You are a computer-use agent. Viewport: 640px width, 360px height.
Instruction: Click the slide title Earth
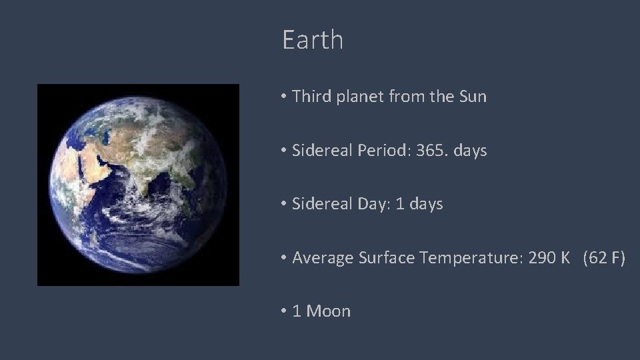point(313,40)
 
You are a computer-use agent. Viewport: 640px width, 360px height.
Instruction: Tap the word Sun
point(473,97)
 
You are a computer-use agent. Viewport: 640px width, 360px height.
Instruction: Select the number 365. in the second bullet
point(431,151)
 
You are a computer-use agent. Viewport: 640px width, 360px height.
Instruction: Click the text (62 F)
point(603,258)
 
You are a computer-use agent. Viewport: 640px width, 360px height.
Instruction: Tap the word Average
point(322,259)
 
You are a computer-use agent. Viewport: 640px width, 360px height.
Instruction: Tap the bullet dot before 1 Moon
point(284,311)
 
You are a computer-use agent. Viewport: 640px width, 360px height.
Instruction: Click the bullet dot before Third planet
point(284,97)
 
